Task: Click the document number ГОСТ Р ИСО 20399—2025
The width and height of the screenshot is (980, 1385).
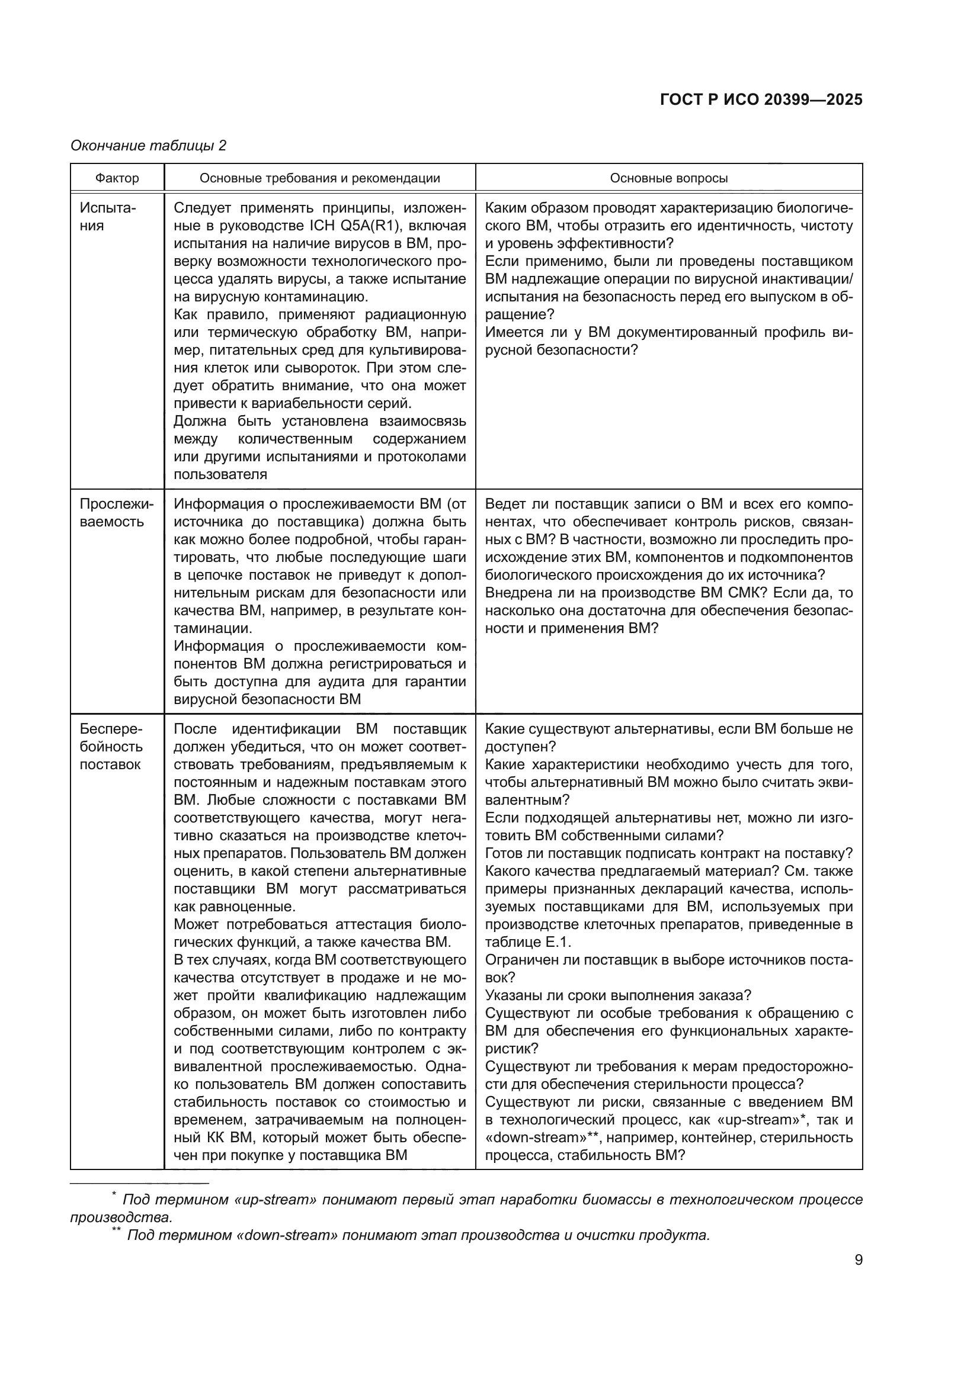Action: click(x=761, y=99)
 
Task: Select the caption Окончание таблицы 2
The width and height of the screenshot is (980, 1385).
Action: click(x=149, y=146)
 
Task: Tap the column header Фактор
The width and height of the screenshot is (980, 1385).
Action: click(x=117, y=178)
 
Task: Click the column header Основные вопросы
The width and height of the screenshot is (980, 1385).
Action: click(x=668, y=178)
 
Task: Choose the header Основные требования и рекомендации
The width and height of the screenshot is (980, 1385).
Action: click(x=320, y=178)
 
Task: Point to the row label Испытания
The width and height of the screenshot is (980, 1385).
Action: click(x=108, y=217)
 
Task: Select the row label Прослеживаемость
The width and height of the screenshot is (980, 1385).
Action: click(x=117, y=513)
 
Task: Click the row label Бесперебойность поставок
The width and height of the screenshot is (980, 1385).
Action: click(x=111, y=747)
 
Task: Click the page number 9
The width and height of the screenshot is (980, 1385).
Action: click(x=858, y=1260)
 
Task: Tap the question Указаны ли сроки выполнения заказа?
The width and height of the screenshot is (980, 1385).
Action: click(x=618, y=995)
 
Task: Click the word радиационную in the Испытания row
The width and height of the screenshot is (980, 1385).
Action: click(x=415, y=314)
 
